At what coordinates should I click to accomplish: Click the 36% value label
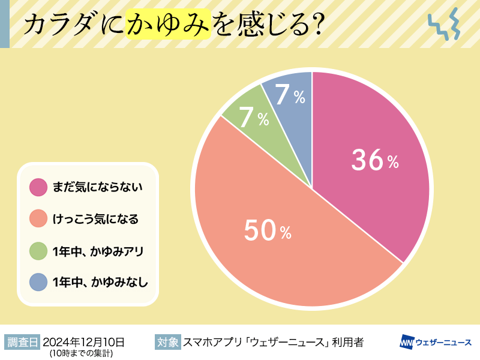(x=374, y=161)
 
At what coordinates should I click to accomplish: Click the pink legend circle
(x=38, y=187)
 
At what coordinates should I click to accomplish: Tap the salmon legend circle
(x=38, y=218)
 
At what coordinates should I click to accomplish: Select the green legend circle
(x=38, y=250)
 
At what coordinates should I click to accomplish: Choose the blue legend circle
(x=38, y=281)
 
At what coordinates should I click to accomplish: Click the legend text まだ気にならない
(x=97, y=187)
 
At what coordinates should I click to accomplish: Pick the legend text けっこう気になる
(x=95, y=218)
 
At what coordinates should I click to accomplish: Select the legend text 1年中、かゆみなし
(x=100, y=281)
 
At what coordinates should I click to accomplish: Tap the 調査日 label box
(x=22, y=343)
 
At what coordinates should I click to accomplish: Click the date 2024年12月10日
(x=83, y=342)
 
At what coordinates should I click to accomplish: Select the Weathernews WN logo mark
(x=407, y=343)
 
